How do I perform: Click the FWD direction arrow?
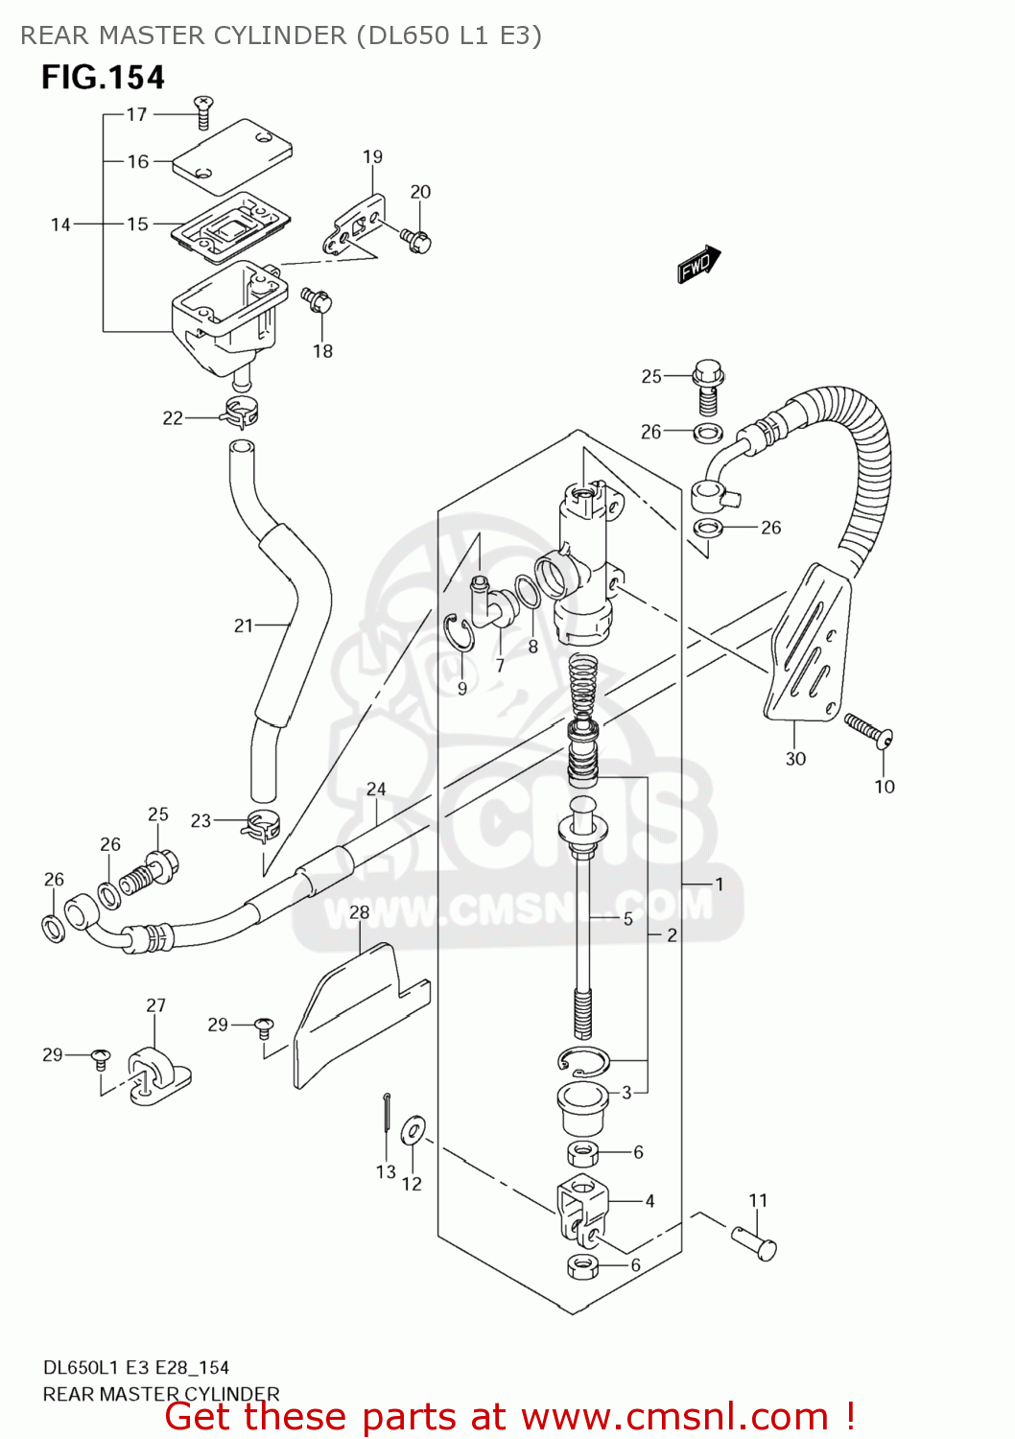698,264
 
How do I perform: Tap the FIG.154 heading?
103,78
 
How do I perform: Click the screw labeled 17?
202,111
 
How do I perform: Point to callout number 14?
60,224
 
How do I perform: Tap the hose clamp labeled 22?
241,413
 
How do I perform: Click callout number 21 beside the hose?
244,625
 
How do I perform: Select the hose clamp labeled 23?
259,823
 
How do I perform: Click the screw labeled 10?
868,729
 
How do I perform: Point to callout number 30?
795,759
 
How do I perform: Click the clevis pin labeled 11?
755,1243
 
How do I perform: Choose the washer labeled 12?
413,1131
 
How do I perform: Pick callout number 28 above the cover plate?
359,912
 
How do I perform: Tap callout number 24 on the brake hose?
376,790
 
